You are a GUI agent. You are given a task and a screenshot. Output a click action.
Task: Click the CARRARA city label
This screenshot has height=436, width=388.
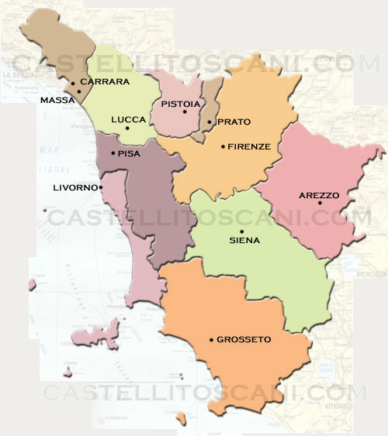104,81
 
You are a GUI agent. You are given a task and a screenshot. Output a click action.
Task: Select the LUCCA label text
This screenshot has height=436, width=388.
128,119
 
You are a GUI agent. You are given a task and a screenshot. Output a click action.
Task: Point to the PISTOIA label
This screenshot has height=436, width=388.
182,104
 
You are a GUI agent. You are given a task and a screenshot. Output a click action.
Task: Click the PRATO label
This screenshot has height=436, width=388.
234,122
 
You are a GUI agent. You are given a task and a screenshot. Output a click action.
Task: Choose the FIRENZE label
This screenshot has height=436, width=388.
249,146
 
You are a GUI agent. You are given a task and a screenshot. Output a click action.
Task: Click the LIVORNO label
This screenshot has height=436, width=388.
74,187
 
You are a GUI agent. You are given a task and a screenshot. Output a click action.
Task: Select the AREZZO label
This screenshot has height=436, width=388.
319,195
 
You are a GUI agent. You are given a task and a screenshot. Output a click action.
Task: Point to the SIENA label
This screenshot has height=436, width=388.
244,240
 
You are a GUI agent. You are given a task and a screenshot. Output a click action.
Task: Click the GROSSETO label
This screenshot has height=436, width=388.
244,339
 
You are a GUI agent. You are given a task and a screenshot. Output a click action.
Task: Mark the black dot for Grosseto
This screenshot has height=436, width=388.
212,339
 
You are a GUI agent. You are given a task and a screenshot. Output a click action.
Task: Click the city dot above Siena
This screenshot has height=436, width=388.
241,231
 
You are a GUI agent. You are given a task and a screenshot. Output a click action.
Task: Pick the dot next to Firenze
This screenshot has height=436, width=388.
223,146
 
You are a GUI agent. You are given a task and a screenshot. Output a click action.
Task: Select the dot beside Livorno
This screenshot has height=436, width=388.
101,187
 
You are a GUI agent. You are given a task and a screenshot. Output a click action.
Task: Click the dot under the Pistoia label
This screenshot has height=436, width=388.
184,113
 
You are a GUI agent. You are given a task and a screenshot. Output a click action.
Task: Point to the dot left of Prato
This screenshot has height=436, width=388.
210,122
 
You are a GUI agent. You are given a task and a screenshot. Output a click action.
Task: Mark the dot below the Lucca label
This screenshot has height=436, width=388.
128,129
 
